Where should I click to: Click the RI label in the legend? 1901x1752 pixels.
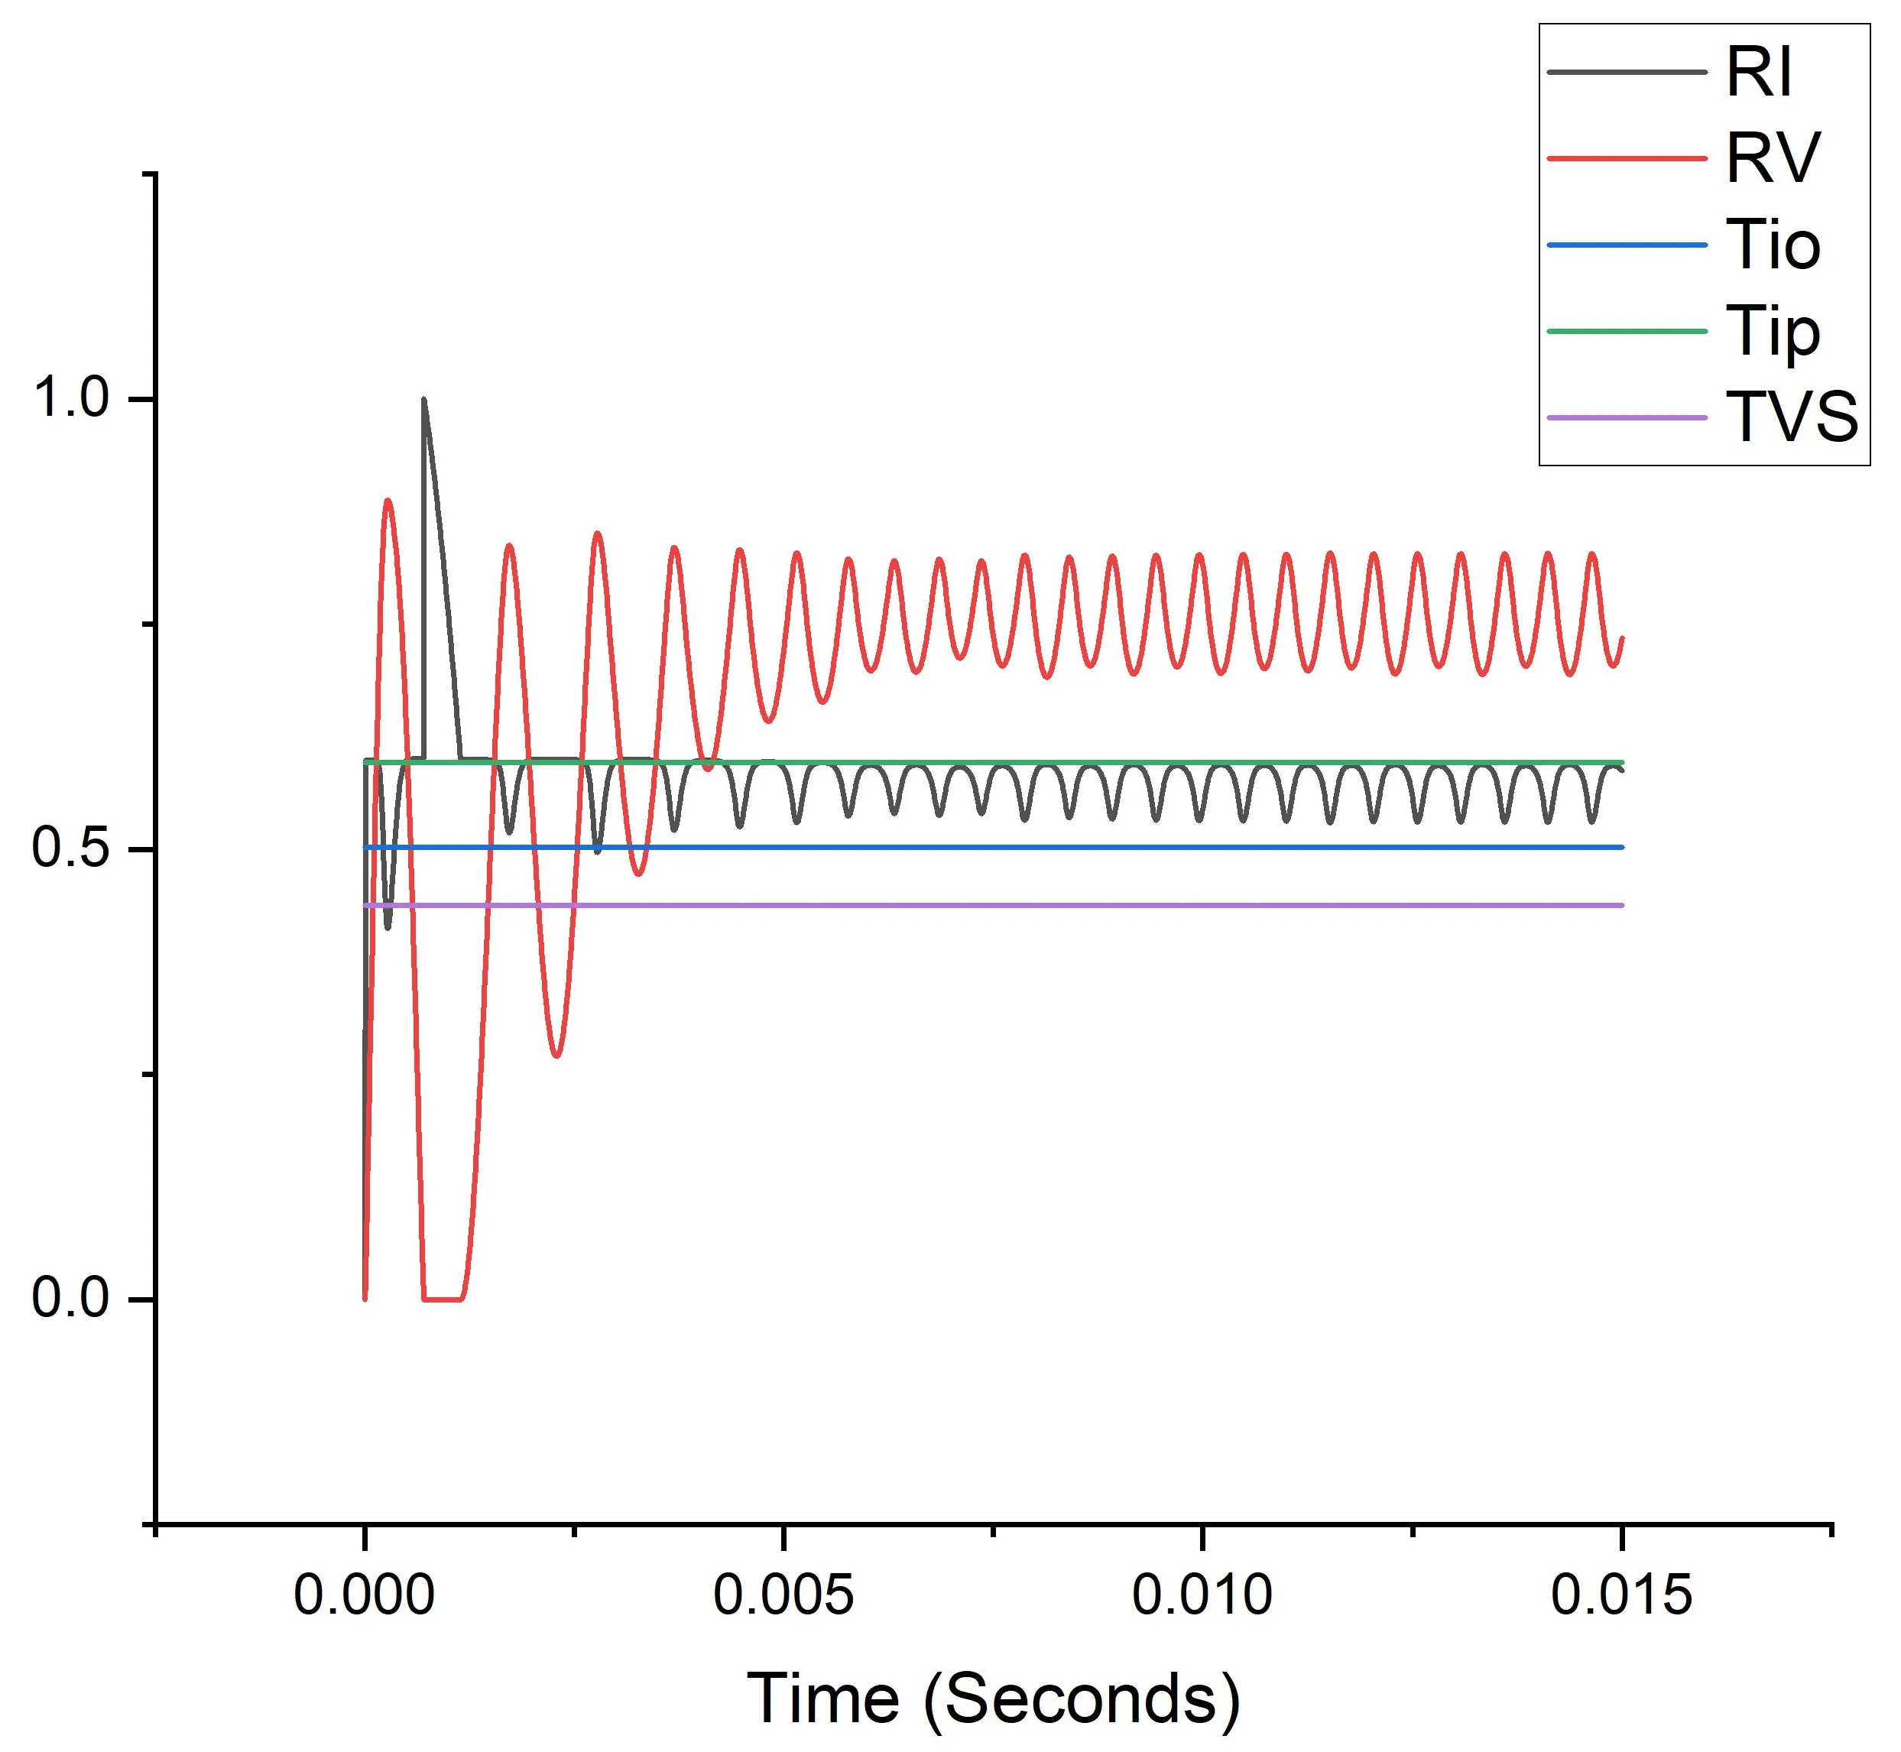[x=1759, y=72]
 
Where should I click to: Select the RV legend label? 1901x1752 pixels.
[x=1772, y=158]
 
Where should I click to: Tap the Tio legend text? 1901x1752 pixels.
[x=1772, y=245]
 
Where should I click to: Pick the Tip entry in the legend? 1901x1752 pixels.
[x=1772, y=332]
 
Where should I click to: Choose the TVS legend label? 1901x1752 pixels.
[x=1791, y=417]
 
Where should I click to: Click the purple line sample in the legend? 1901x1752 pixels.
[x=1626, y=417]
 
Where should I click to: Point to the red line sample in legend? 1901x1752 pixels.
[x=1626, y=158]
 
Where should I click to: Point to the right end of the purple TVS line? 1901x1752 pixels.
[x=1622, y=905]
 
